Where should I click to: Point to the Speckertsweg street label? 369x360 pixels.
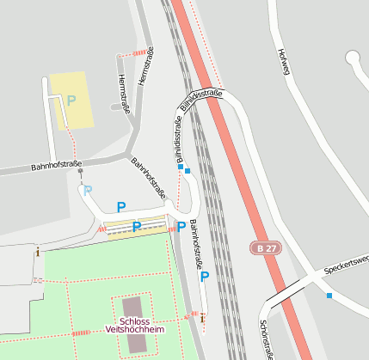point(347,264)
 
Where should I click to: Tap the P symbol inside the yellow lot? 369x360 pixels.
point(71,101)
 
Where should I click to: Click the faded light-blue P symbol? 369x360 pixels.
point(87,190)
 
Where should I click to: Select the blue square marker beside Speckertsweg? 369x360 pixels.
point(329,296)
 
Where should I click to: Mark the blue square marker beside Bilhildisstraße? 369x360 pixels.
point(188,169)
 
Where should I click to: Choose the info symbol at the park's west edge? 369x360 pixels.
point(37,251)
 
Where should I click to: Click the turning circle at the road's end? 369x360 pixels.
point(353,58)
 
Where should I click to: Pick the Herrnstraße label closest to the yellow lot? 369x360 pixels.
point(123,93)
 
